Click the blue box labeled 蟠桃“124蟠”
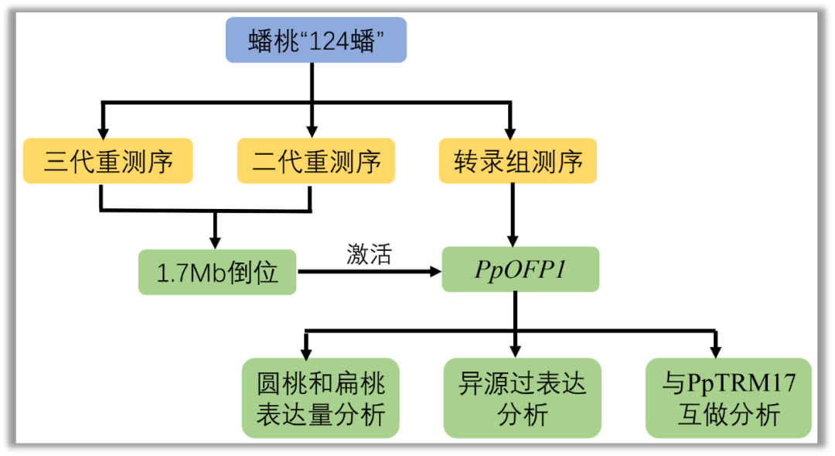click(x=315, y=40)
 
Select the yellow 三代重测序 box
click(x=107, y=161)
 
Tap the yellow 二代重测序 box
click(x=315, y=161)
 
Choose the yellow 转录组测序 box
click(x=517, y=161)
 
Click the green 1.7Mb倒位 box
click(x=217, y=272)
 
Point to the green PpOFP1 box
click(x=520, y=269)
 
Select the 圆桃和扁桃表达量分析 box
click(x=320, y=397)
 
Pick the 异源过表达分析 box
click(x=522, y=397)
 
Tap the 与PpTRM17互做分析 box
click(x=728, y=397)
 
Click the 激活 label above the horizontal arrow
click(x=369, y=255)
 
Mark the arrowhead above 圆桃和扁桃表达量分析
click(x=308, y=350)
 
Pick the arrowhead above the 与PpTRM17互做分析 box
click(x=715, y=350)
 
